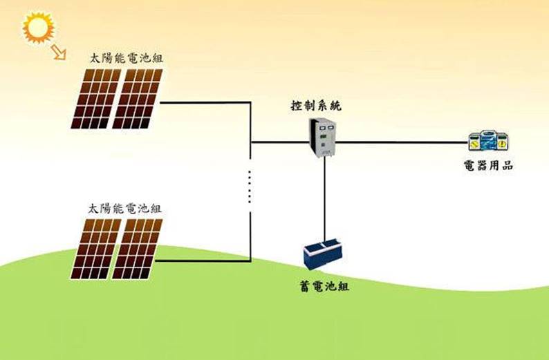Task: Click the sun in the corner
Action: pos(38,28)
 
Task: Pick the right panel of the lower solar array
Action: pos(137,249)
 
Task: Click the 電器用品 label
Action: pos(488,166)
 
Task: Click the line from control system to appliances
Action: pos(401,143)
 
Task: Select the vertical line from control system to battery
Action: pos(324,200)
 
